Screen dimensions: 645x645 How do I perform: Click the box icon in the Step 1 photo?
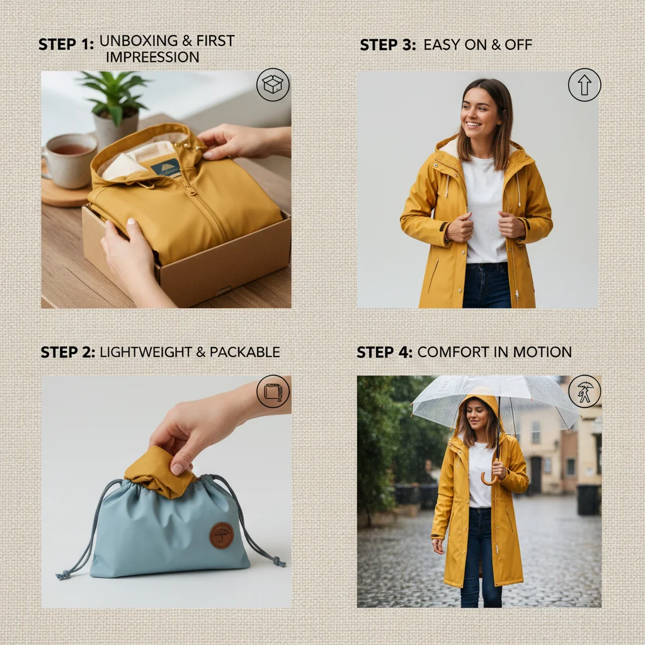(273, 85)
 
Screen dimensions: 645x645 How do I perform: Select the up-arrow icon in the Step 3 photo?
(584, 85)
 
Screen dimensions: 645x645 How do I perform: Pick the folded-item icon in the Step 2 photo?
(273, 392)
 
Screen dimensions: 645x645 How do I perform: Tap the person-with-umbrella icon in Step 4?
(585, 391)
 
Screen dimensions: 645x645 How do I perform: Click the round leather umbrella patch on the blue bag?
(221, 535)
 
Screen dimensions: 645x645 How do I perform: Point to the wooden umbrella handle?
(489, 479)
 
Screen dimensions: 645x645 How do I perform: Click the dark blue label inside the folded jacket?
(165, 167)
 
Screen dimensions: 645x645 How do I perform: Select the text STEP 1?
(66, 44)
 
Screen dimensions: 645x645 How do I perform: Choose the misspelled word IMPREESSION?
(152, 57)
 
